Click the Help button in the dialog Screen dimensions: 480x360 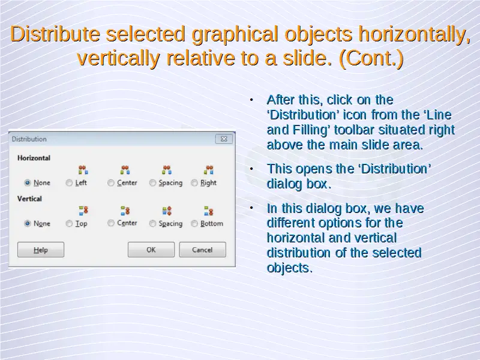[x=41, y=250]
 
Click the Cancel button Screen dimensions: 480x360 [x=202, y=250]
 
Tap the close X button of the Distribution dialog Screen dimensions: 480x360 [x=224, y=139]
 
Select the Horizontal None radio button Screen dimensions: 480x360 [x=28, y=183]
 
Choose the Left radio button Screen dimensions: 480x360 [x=69, y=183]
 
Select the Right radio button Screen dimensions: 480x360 [x=194, y=183]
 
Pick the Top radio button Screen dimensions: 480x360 [x=69, y=223]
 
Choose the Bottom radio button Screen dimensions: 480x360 [x=194, y=223]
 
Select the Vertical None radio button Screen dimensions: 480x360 [x=28, y=223]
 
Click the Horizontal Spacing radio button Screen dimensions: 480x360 [x=152, y=183]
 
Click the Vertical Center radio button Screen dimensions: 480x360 [x=111, y=223]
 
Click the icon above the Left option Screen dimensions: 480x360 [x=83, y=170]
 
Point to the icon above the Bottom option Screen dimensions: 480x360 [x=208, y=211]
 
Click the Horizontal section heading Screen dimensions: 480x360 [x=34, y=158]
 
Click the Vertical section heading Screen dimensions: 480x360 [x=29, y=199]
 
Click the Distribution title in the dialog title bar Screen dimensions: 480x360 [x=29, y=139]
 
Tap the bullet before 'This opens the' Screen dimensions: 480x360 [x=251, y=169]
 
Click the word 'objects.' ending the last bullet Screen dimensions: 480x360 [x=290, y=268]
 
